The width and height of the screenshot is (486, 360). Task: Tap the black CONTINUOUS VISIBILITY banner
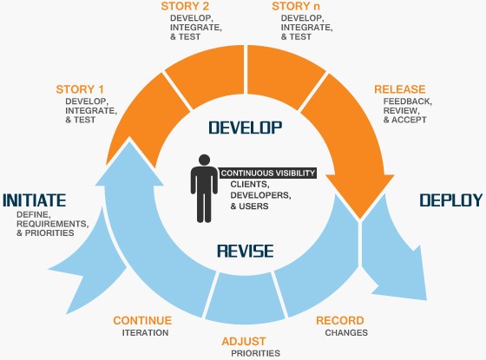click(x=267, y=173)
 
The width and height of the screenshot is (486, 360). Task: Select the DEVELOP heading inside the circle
click(x=246, y=128)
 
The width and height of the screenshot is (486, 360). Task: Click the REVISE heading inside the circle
click(x=245, y=252)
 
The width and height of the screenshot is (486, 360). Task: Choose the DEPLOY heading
click(x=450, y=200)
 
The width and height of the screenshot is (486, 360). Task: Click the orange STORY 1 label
click(x=80, y=89)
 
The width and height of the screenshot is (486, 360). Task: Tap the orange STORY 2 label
click(x=186, y=7)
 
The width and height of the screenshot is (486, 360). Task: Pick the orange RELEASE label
click(x=399, y=89)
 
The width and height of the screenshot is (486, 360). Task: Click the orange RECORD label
click(x=339, y=319)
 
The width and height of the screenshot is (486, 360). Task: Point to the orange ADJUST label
click(x=244, y=341)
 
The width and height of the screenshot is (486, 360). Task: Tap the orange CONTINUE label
click(x=142, y=320)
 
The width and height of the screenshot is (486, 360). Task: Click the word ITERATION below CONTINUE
click(x=145, y=332)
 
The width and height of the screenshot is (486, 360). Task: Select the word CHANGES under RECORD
click(x=346, y=332)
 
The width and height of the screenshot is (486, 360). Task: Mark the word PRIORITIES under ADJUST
click(x=254, y=353)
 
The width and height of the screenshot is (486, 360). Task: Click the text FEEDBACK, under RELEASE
click(x=407, y=101)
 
